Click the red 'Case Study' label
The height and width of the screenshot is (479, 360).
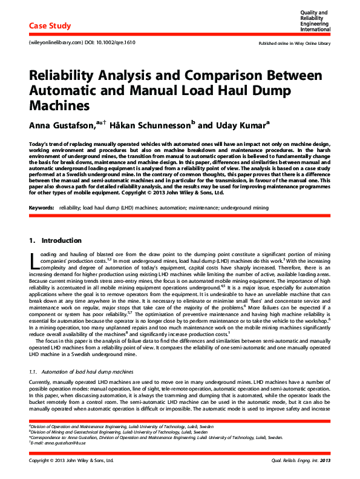click(x=50, y=26)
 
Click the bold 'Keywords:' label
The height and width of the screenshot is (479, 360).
click(x=41, y=208)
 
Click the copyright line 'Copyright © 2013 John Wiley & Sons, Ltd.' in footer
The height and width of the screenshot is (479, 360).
click(x=71, y=461)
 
